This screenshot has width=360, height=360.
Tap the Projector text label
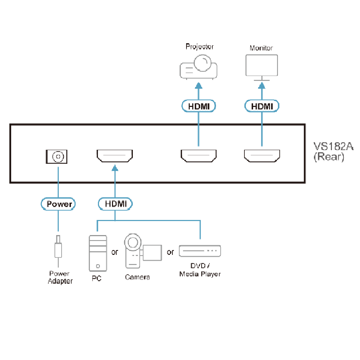click(199, 46)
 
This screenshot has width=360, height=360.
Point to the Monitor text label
click(261, 48)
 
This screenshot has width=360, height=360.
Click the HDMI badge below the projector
click(198, 106)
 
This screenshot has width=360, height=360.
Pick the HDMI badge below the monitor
click(262, 106)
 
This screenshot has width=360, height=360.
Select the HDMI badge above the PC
click(116, 204)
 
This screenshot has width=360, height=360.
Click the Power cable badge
click(58, 204)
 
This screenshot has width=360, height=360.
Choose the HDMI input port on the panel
click(115, 156)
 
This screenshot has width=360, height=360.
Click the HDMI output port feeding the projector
click(198, 156)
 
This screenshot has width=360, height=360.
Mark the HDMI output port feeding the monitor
click(262, 156)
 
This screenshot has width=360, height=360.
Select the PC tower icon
click(98, 253)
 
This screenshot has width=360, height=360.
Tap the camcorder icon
click(140, 251)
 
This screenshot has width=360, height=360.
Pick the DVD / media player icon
click(200, 251)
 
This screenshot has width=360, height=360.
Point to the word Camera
click(138, 277)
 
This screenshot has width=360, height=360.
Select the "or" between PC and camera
click(114, 252)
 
